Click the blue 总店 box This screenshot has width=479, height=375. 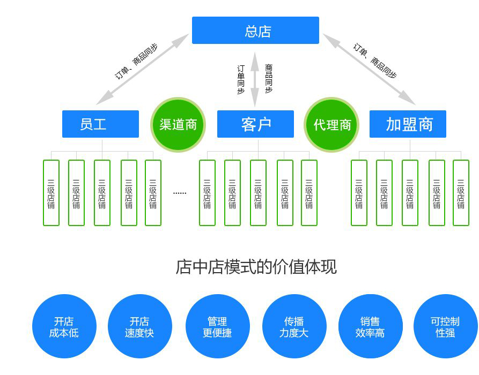pyautogui.click(x=255, y=31)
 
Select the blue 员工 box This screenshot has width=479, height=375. pyautogui.click(x=100, y=124)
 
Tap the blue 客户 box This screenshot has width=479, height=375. pyautogui.click(x=255, y=124)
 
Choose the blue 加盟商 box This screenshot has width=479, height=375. pyautogui.click(x=408, y=124)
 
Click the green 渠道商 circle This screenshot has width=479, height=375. pyautogui.click(x=178, y=125)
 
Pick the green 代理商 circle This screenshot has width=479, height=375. pyautogui.click(x=331, y=125)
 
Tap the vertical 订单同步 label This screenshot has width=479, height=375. pyautogui.click(x=241, y=79)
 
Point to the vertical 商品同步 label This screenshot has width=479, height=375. pyautogui.click(x=269, y=79)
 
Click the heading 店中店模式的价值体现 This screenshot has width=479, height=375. pyautogui.click(x=256, y=267)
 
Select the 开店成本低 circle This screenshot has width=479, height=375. pyautogui.click(x=64, y=327)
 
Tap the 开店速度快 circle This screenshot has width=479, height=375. pyautogui.click(x=139, y=327)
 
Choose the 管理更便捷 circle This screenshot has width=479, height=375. pyautogui.click(x=217, y=327)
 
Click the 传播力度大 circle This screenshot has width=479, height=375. pyautogui.click(x=294, y=327)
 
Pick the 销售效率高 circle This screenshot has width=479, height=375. pyautogui.click(x=370, y=327)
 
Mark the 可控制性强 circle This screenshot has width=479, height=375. pyautogui.click(x=445, y=327)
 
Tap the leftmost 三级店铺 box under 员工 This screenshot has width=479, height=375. pyautogui.click(x=51, y=193)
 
